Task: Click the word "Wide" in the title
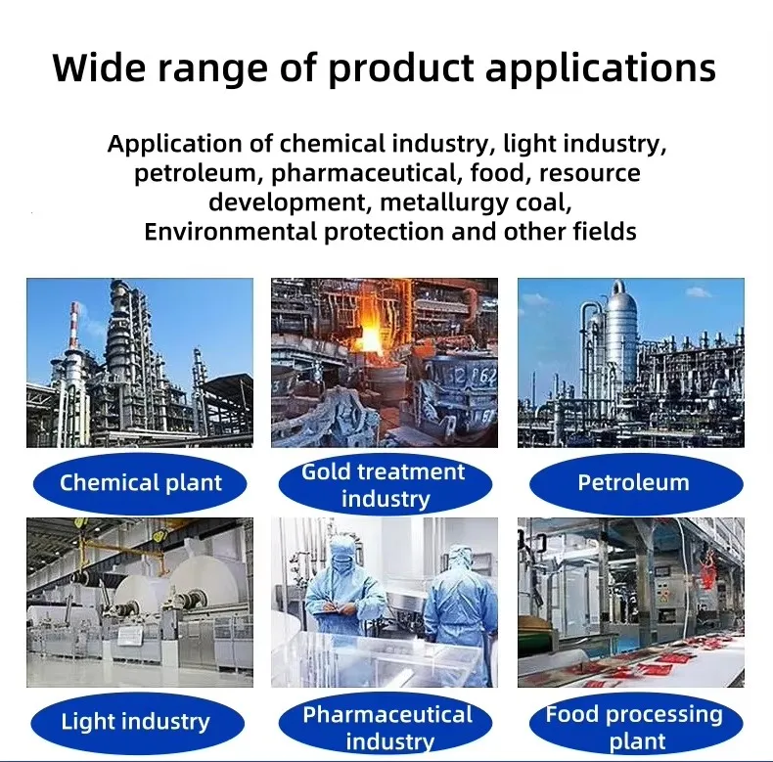99,69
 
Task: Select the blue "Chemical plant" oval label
141,482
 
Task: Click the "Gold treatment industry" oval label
384,485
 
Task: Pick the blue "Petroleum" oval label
633,482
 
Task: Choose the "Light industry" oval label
135,722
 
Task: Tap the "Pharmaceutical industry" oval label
387,727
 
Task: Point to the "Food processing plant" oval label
634,727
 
